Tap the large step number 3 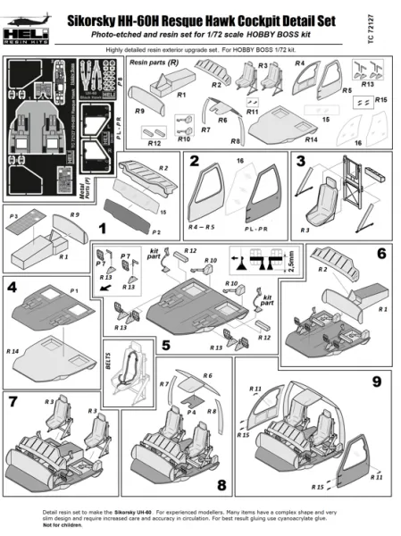click(301, 161)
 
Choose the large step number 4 click(13, 289)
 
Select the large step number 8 click(221, 485)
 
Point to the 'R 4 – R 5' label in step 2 click(203, 229)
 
